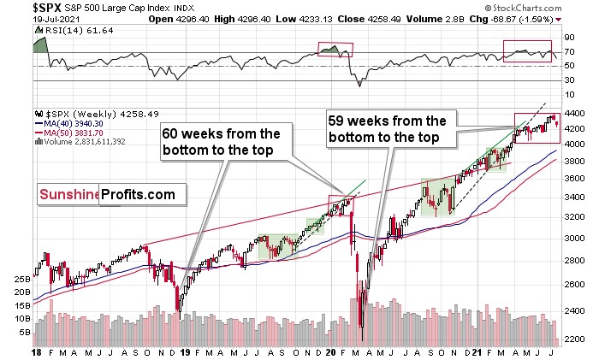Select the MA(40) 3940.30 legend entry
coord(76,123)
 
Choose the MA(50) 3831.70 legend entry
coord(76,133)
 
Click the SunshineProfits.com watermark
coord(106,195)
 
